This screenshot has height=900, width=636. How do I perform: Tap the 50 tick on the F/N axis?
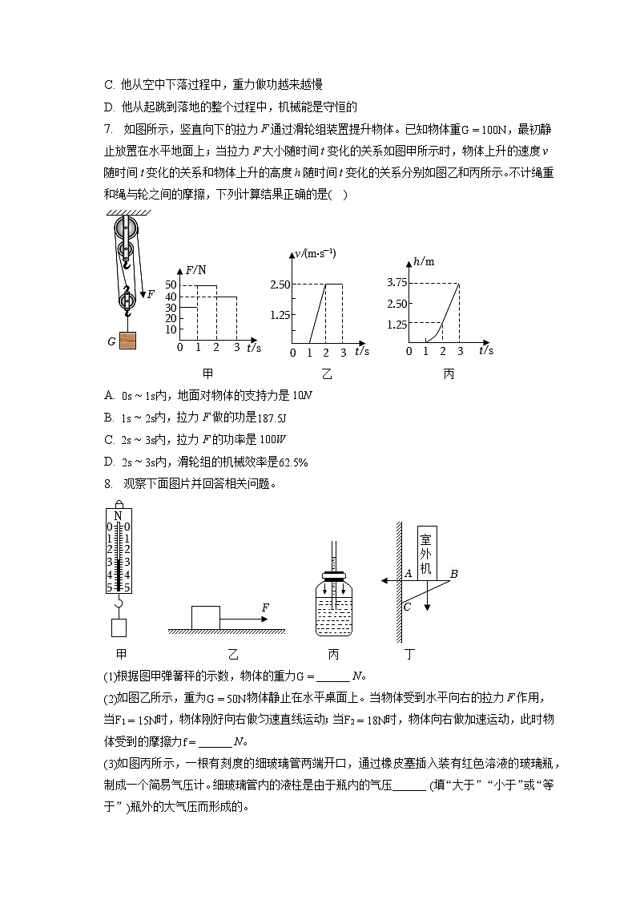(170, 285)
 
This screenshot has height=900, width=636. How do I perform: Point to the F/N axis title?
(195, 270)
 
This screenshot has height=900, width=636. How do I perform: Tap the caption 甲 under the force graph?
(208, 373)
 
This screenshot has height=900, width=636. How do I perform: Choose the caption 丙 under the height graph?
(448, 373)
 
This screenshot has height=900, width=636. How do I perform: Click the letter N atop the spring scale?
(119, 515)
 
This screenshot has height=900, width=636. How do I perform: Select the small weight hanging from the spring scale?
(119, 627)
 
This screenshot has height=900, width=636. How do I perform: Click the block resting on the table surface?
(205, 618)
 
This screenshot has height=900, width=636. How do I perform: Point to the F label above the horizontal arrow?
(264, 608)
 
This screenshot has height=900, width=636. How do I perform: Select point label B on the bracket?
(453, 574)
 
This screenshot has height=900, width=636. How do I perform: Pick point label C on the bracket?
(407, 607)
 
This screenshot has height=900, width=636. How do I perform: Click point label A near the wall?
(408, 573)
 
